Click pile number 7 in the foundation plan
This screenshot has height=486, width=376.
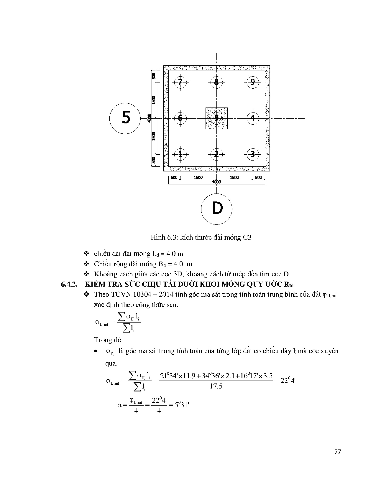(180, 82)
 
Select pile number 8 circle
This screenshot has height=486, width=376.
(216, 82)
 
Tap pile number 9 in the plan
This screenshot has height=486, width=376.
(252, 82)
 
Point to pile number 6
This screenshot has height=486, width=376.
(180, 118)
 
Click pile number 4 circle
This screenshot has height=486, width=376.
(252, 118)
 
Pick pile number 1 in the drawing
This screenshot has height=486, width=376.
(180, 154)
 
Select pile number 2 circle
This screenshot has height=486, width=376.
(216, 154)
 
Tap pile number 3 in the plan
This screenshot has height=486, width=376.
(252, 154)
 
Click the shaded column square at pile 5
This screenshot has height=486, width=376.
(216, 118)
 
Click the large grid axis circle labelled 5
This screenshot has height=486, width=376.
(125, 118)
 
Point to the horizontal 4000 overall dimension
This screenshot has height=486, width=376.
(216, 182)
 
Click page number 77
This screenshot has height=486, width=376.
(338, 452)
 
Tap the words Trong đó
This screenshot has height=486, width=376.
(108, 340)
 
